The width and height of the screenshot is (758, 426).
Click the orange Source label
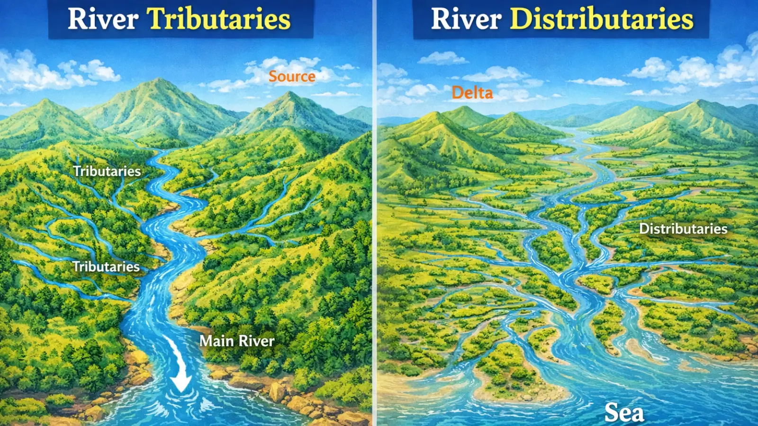coord(292,76)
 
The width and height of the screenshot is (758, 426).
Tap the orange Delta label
coord(472,93)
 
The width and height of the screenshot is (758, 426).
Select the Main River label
coord(237,341)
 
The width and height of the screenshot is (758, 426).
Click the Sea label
coord(624,413)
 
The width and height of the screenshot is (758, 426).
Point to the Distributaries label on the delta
coord(683,229)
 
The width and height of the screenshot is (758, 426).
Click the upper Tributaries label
coord(107,171)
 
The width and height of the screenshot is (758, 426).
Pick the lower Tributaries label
coord(106,266)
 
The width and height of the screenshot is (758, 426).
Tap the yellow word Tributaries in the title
coord(219,19)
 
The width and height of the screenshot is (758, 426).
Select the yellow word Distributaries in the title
coord(602,19)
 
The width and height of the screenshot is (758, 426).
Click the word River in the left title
coord(103,19)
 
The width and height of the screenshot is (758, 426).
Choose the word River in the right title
coord(466,19)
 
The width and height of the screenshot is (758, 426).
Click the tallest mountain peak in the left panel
coord(159,80)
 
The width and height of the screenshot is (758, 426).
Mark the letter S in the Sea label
coord(612,413)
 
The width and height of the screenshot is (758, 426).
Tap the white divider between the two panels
coord(374,213)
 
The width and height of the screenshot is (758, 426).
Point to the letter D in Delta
coord(457,93)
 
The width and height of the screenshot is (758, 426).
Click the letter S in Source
coord(273,76)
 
